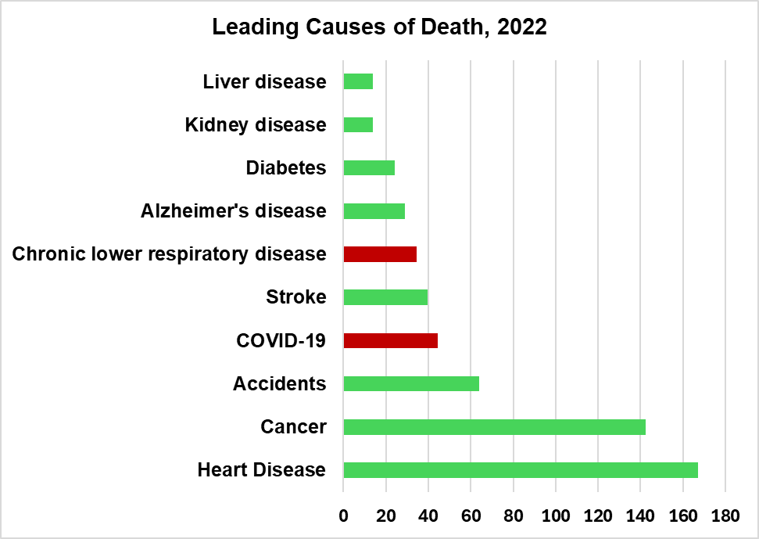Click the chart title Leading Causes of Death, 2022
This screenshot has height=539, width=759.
coord(379,27)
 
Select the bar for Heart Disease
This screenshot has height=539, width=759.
coord(520,470)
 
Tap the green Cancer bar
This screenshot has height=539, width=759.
coord(494,427)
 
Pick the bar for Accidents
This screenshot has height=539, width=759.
coord(411,384)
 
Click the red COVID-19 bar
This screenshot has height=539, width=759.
coord(390,341)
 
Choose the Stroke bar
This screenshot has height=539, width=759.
coord(385,297)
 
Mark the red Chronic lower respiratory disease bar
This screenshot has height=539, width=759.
coord(380,254)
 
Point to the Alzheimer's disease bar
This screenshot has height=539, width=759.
coord(374,211)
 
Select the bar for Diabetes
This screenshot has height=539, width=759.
coord(369,168)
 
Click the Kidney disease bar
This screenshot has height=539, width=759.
coord(358,125)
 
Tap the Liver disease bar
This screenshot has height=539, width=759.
coord(358,81)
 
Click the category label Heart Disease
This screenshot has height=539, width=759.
coord(261,470)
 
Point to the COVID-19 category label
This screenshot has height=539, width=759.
coord(281,341)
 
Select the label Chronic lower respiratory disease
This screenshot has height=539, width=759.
coord(169,254)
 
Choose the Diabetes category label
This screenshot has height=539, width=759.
coord(285,168)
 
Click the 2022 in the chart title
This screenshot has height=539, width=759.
coord(521,27)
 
